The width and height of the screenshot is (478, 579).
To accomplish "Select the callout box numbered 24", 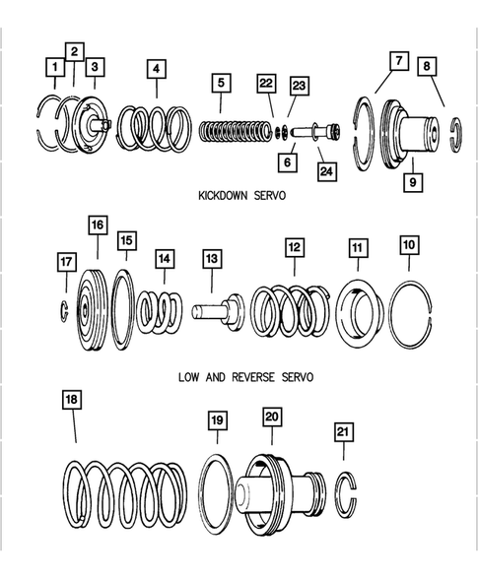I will tap(326, 172).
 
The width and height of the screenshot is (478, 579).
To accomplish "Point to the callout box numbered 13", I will tap(212, 258).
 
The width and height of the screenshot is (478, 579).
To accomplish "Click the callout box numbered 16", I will tap(96, 226).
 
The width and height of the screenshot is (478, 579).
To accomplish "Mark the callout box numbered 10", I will tap(409, 243).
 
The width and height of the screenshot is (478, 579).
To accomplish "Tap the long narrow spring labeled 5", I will tap(239, 129).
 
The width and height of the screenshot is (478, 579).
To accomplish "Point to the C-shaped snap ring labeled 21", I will tap(346, 492).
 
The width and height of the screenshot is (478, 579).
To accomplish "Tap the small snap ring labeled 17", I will tap(61, 312).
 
